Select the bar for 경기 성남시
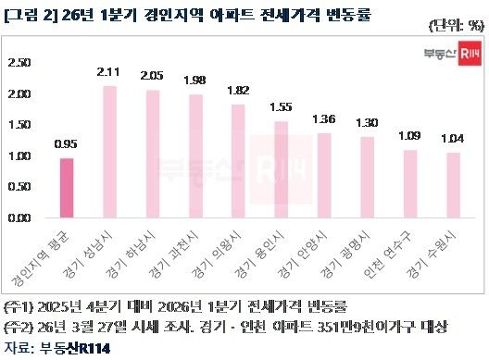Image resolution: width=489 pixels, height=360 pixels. click(109, 152)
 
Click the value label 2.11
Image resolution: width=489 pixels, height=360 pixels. click(109, 71)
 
